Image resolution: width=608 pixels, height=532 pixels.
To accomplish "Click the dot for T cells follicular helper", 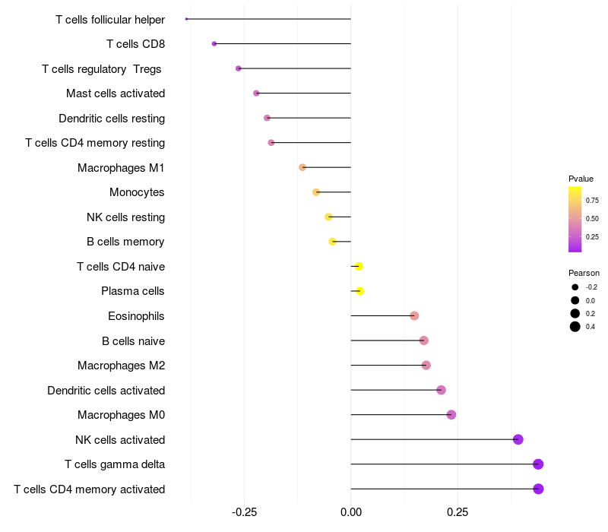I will coord(186,19).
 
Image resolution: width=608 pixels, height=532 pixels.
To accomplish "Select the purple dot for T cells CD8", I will coord(214,44).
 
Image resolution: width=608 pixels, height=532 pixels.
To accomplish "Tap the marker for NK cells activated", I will coord(518,439).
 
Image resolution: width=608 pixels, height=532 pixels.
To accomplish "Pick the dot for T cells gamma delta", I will coord(538,464).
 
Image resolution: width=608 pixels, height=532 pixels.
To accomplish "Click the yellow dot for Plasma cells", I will coord(360,291).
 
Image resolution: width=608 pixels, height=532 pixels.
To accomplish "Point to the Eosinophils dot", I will coord(414,316).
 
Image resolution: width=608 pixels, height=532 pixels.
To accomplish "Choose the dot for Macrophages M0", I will coord(451,415).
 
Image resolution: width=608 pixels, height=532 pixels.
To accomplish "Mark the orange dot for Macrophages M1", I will coord(302,167).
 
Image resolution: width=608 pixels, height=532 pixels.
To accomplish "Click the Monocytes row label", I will coord(137,192).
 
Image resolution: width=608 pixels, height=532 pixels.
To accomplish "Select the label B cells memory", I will coord(125,242).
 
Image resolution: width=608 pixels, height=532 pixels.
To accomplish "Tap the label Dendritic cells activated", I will coord(106,391).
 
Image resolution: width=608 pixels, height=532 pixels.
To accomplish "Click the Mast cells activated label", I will coord(116,93).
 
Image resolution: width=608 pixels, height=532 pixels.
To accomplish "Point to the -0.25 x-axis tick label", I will coord(244,513).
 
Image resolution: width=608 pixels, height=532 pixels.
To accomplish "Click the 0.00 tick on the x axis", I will coord(350,513).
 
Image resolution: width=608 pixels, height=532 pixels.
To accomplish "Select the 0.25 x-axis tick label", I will coord(458,513).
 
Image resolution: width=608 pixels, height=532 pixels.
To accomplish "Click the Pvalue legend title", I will coord(581,179).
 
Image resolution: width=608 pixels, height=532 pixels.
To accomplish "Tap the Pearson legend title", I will coord(584,273).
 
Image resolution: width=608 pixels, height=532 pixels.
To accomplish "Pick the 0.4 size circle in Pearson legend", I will coord(575,327).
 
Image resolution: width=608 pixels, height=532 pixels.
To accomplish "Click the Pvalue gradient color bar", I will coord(575,219).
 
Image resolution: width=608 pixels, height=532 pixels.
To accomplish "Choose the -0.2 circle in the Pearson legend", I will coord(575,287).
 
